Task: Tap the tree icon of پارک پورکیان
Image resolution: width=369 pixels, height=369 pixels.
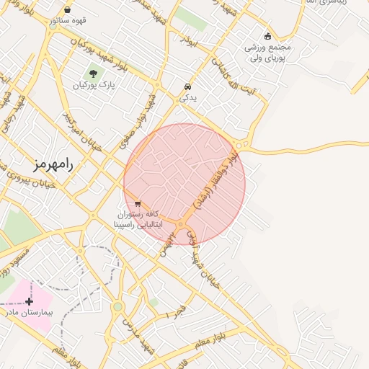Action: click(92, 74)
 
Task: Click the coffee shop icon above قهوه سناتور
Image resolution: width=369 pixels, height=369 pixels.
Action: click(67, 10)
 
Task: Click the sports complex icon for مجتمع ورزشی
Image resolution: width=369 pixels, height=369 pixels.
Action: click(268, 36)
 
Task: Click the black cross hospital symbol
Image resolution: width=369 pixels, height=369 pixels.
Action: click(29, 301)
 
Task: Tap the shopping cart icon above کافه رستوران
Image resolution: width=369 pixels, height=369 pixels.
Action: click(137, 203)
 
